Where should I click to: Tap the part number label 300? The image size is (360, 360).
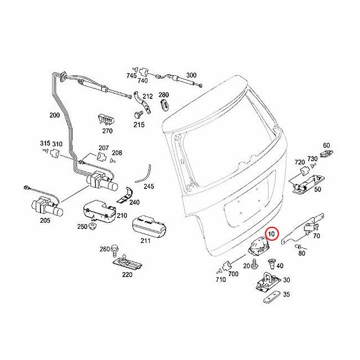point(191,75)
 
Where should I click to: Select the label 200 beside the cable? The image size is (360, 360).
point(55,115)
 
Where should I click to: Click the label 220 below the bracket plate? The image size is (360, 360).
point(128,275)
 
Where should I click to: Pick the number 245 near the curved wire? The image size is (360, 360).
point(148,186)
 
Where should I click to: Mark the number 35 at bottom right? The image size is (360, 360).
point(286,294)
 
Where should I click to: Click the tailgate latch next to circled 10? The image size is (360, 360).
point(258,246)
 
